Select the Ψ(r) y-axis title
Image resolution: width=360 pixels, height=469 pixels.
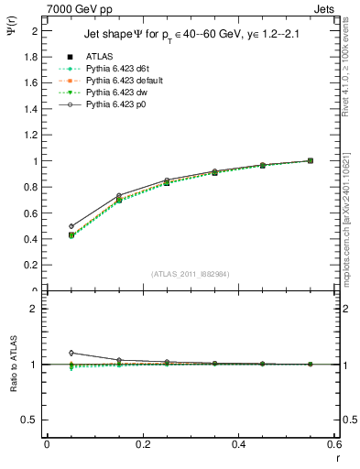click(x=12, y=37)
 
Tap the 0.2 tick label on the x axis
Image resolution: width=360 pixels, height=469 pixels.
click(x=142, y=443)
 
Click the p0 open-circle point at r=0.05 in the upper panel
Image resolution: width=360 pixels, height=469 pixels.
click(x=71, y=226)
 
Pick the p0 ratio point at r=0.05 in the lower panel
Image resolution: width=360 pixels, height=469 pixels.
click(x=71, y=353)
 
